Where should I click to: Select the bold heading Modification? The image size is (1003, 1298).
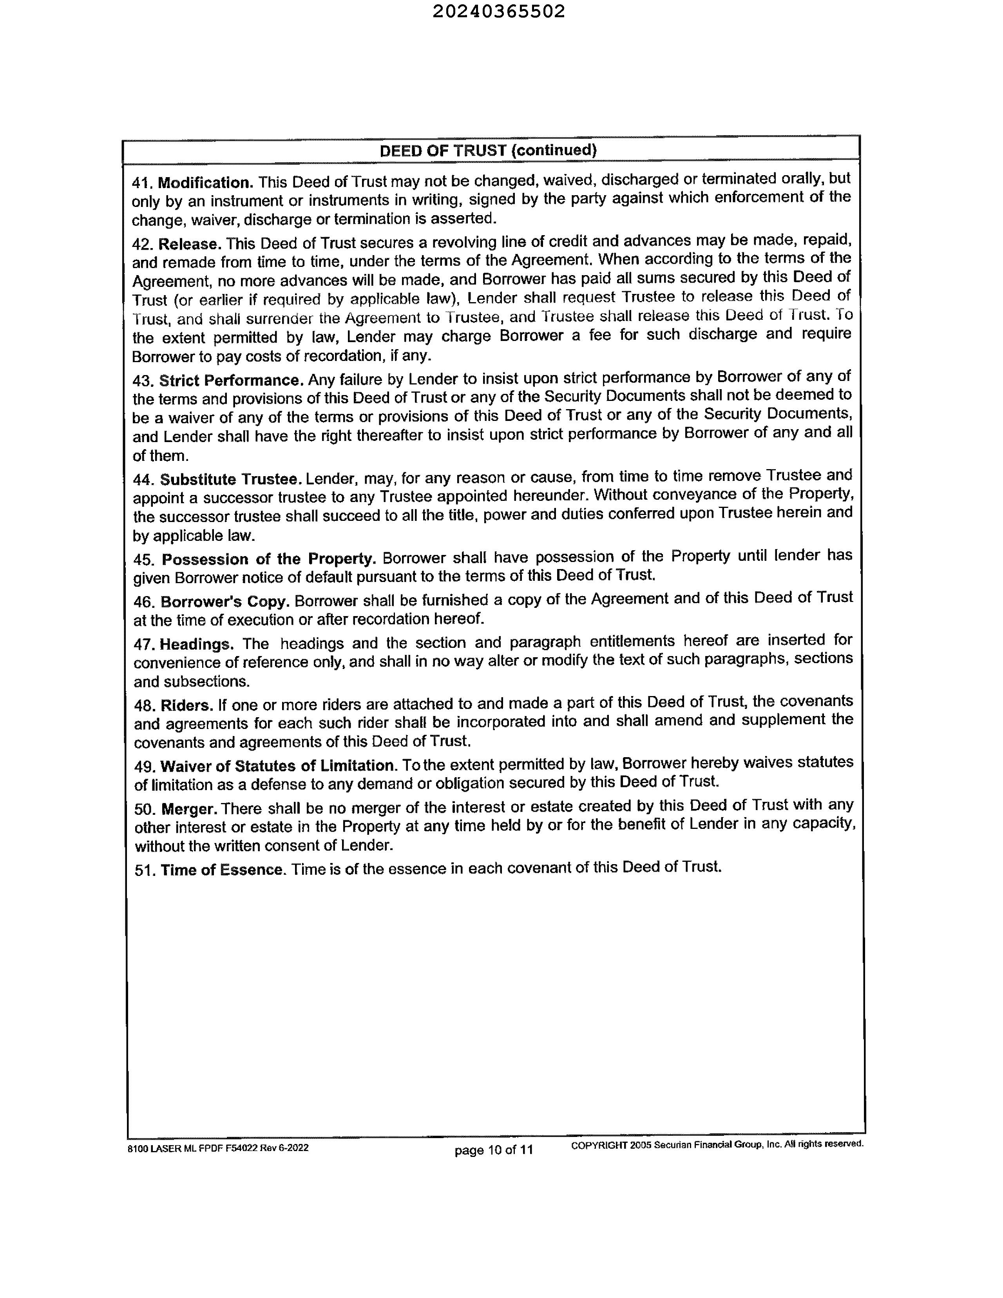(206, 183)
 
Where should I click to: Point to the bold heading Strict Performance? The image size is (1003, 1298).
(231, 381)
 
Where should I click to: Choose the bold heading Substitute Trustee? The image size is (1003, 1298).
(230, 479)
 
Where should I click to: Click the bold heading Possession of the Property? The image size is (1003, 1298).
(268, 559)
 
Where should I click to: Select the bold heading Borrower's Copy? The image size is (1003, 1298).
(224, 602)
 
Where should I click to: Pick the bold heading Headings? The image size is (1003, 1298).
(196, 644)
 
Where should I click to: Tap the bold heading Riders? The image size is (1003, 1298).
(186, 705)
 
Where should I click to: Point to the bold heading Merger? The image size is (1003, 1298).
(189, 809)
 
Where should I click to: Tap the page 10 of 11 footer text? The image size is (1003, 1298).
(494, 1150)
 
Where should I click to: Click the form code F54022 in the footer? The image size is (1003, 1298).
(241, 1148)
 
